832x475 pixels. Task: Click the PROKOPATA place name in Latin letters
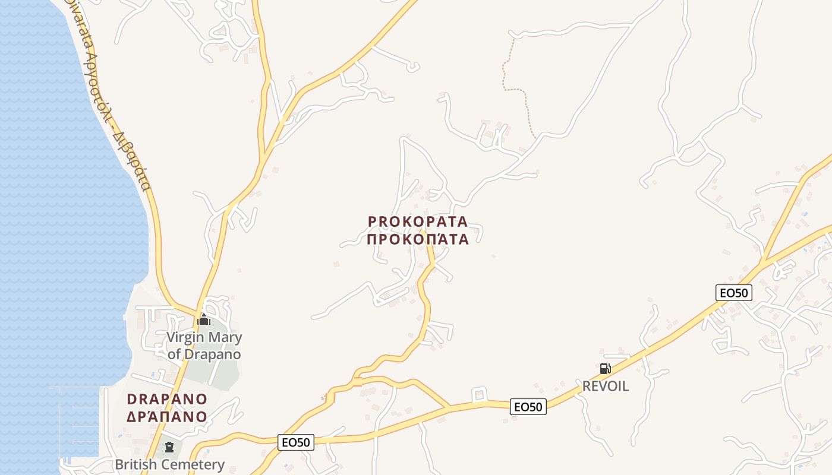point(418,221)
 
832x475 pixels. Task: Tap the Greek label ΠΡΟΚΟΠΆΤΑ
point(418,239)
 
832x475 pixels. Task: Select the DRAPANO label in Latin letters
point(167,399)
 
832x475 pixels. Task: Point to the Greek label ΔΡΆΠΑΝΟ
point(167,416)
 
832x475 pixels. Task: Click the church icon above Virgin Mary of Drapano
point(204,320)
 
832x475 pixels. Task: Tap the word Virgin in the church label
point(184,338)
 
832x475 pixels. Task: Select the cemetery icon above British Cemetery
point(169,446)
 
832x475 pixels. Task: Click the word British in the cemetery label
point(135,464)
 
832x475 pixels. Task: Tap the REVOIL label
point(605,387)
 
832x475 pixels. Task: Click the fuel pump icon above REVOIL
point(605,369)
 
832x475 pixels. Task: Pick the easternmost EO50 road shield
point(734,292)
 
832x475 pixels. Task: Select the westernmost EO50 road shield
point(295,442)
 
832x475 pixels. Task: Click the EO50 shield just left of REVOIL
point(528,407)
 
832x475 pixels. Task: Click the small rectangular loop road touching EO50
point(479,394)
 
